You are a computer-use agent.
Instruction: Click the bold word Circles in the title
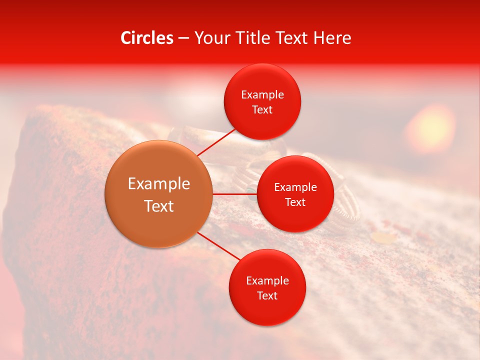coord(146,38)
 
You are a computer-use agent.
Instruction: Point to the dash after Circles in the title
coord(183,38)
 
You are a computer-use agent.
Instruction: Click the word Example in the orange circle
coord(159,184)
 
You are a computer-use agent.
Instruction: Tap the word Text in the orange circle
coord(159,206)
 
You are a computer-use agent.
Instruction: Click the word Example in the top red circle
coord(262,94)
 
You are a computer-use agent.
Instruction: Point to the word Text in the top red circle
coord(262,109)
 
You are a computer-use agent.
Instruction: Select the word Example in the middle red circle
coord(295,187)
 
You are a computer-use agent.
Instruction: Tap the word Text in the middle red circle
coord(295,202)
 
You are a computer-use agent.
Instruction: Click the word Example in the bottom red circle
coord(267,280)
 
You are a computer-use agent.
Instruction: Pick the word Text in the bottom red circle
coord(267,295)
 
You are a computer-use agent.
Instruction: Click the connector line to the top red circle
coord(216,143)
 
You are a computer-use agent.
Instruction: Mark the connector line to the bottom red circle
coord(218,245)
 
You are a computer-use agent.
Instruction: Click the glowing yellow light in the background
coord(430,127)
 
